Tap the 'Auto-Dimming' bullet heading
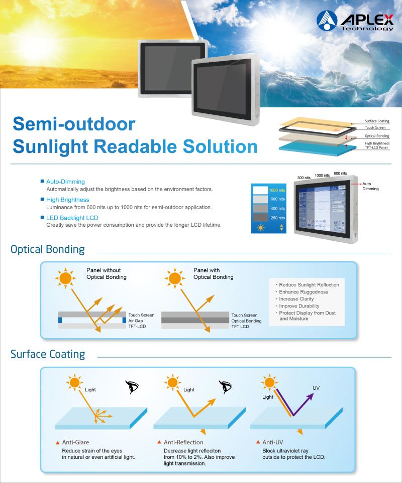tap(65, 182)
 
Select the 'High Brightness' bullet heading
tap(68, 200)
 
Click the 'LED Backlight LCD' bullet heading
tap(72, 218)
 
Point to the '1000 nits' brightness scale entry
tap(277, 191)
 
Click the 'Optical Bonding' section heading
tap(48, 249)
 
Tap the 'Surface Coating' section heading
tap(48, 354)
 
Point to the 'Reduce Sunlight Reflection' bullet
tap(308, 285)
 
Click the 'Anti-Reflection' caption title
tap(183, 442)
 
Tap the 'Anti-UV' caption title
tap(274, 442)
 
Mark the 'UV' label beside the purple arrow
tap(316, 388)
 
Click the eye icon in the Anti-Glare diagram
tap(132, 387)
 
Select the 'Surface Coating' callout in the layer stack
tap(377, 121)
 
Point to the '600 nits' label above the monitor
tap(340, 174)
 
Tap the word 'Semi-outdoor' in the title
tap(74, 124)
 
